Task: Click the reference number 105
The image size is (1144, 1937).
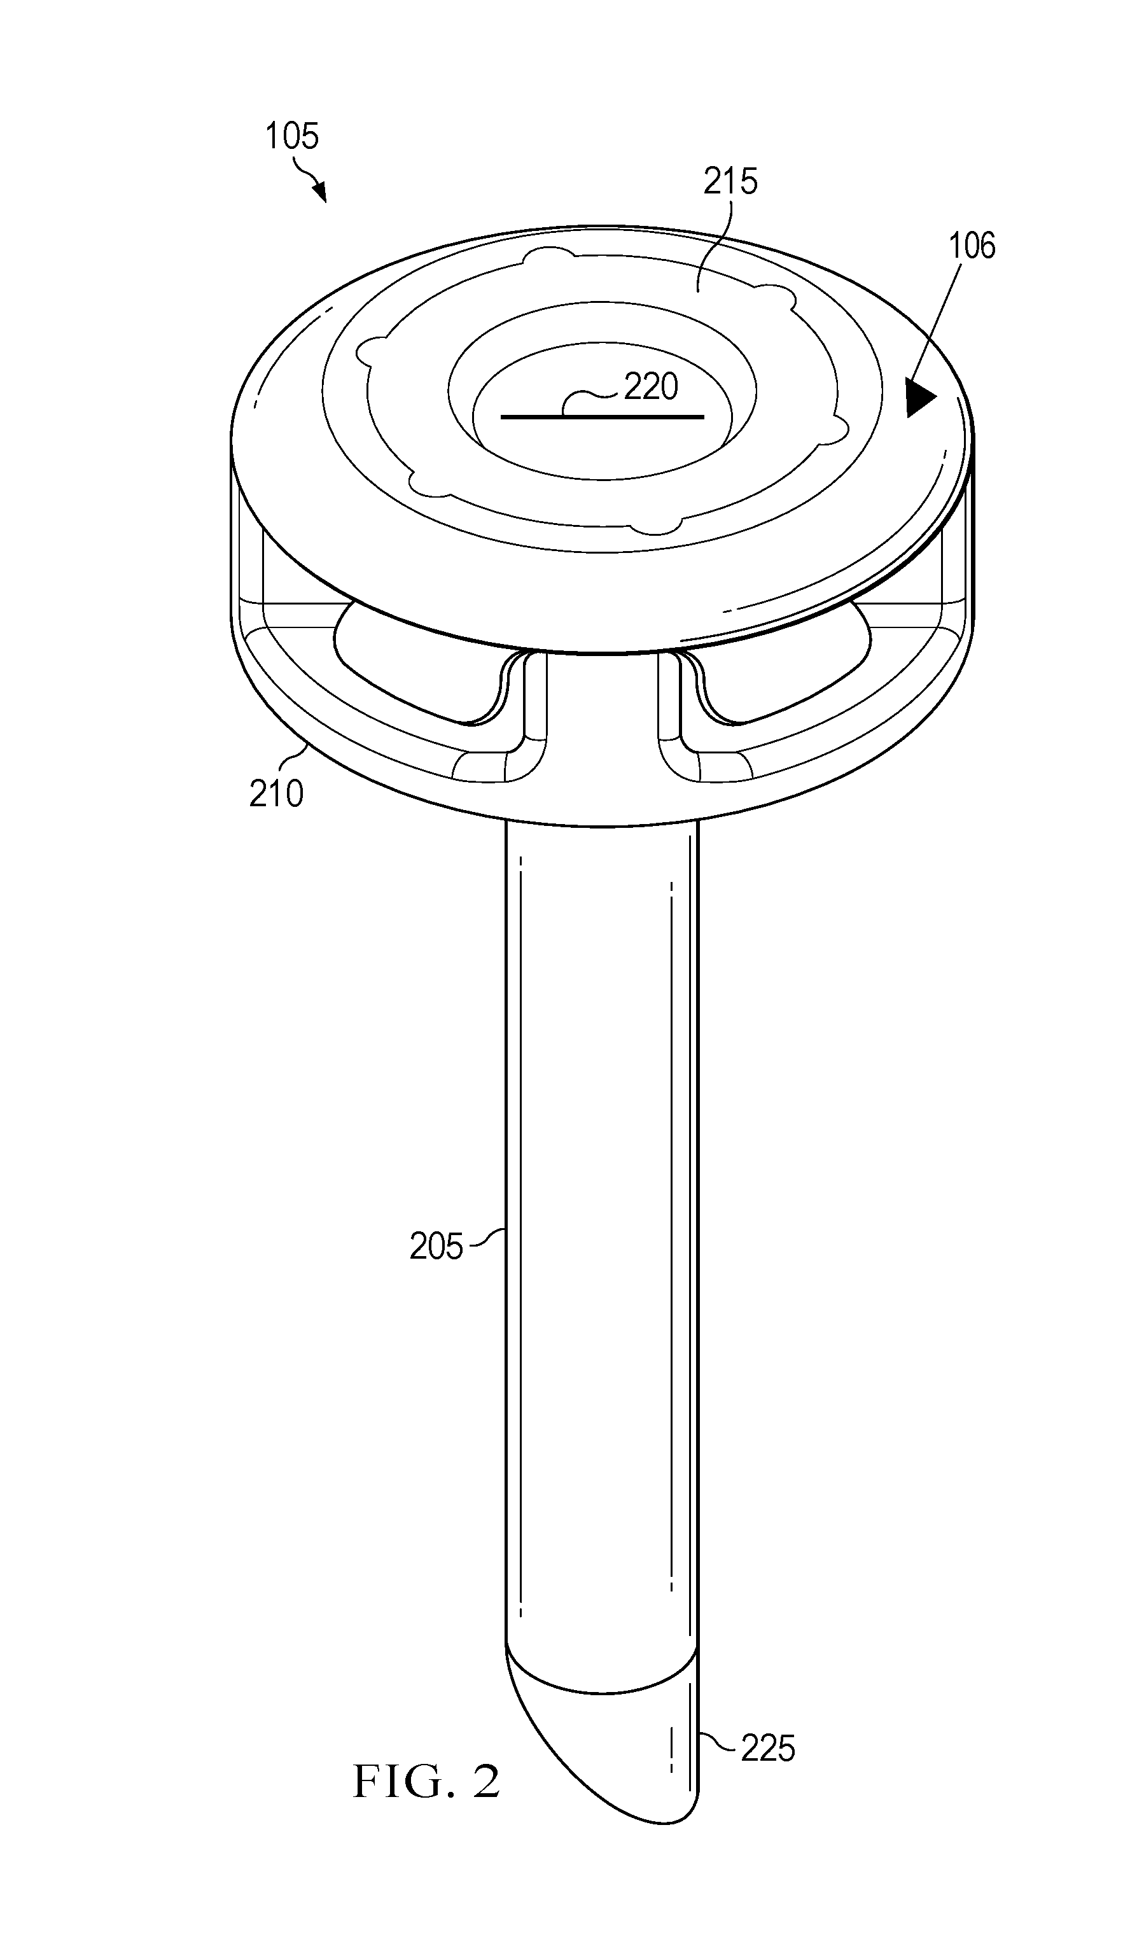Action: (x=291, y=136)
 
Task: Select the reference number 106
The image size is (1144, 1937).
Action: (x=972, y=246)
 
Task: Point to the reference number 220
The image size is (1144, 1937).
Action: (x=651, y=387)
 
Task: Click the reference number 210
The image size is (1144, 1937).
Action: (x=276, y=794)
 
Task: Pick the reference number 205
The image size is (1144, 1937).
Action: (x=436, y=1247)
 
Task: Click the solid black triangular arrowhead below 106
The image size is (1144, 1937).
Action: (x=921, y=398)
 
